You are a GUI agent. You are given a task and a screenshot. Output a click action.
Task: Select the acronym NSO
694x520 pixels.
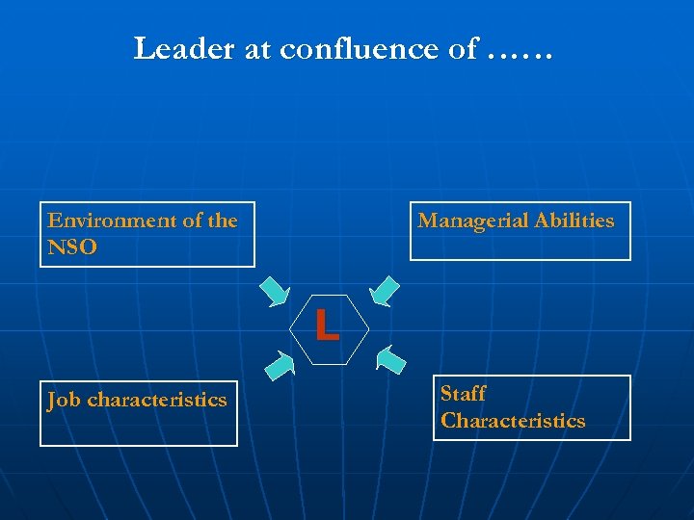coord(72,247)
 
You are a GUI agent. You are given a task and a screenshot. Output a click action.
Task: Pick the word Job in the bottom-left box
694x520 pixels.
coord(64,400)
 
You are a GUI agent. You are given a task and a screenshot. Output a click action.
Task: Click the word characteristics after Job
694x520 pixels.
coord(157,400)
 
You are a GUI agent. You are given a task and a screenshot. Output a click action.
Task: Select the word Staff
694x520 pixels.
coord(463,394)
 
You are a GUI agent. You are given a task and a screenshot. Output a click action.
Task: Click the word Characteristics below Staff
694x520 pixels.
coord(513,421)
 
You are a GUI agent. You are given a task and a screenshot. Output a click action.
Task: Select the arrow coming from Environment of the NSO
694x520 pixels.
coord(275,290)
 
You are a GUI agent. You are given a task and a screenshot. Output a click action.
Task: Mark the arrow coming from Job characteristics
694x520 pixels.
coord(279,363)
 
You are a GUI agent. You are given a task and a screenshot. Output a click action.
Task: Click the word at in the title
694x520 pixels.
coord(258,49)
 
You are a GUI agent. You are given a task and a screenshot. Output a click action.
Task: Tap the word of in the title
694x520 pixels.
coord(463,48)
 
